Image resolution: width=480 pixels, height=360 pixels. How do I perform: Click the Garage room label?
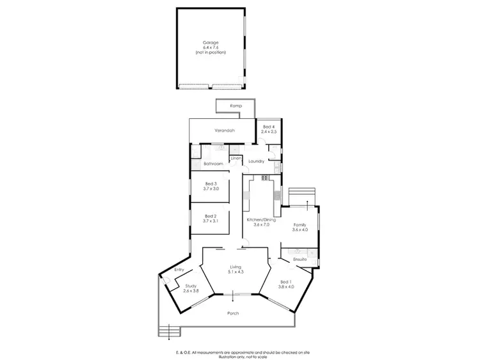(211, 42)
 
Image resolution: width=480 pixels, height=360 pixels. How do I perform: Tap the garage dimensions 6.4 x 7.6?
(211, 47)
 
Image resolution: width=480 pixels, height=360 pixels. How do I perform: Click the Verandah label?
(225, 130)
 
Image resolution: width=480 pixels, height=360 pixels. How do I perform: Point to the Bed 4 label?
(269, 127)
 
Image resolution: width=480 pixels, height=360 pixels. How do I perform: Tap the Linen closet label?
(236, 157)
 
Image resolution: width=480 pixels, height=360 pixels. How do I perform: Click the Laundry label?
(257, 161)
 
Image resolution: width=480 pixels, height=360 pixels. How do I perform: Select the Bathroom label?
(213, 164)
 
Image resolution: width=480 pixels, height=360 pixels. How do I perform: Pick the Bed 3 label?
(211, 184)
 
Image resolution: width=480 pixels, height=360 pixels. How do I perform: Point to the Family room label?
(300, 224)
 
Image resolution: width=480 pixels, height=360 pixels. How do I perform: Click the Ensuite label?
(301, 259)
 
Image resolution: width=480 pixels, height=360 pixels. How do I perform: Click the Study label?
(191, 286)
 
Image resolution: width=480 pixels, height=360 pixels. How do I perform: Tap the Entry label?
(179, 269)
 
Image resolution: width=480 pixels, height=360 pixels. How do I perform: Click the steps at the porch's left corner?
(170, 331)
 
